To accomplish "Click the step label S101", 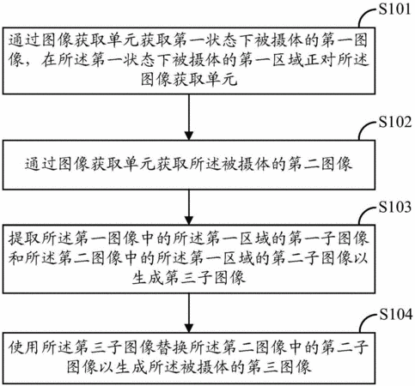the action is pos(394,9).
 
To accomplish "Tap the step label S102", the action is pos(395,122).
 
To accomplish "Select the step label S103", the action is pos(395,207).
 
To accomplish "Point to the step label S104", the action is pos(396,314).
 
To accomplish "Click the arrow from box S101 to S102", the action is pos(189,117).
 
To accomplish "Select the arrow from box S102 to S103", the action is pos(189,207).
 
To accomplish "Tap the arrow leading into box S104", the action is pos(189,313).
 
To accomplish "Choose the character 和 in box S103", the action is pos(15,258).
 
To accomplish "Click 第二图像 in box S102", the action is pos(320,164).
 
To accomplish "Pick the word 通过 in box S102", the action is pos(40,164).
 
